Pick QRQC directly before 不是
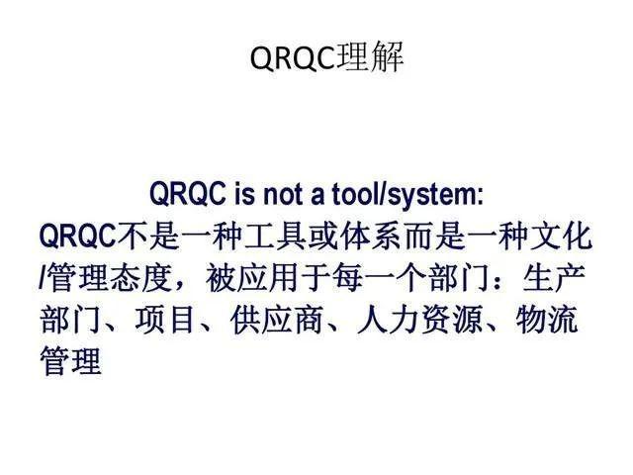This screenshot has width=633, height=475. [x=77, y=237]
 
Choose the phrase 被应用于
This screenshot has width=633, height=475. [x=257, y=279]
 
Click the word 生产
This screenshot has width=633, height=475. [x=557, y=279]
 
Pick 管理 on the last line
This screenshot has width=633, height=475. [x=70, y=362]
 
